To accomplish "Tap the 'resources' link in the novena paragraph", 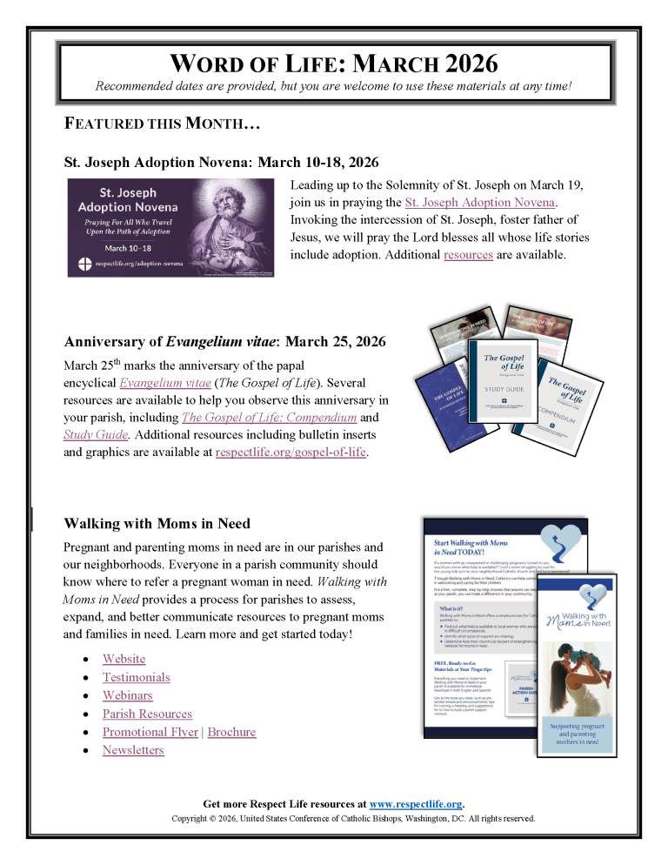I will [468, 254].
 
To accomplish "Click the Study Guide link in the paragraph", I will [97, 434].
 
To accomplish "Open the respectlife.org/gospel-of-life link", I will [291, 452].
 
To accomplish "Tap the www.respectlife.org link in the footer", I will [416, 803].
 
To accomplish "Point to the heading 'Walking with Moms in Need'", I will [157, 523].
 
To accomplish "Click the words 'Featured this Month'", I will [162, 124].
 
